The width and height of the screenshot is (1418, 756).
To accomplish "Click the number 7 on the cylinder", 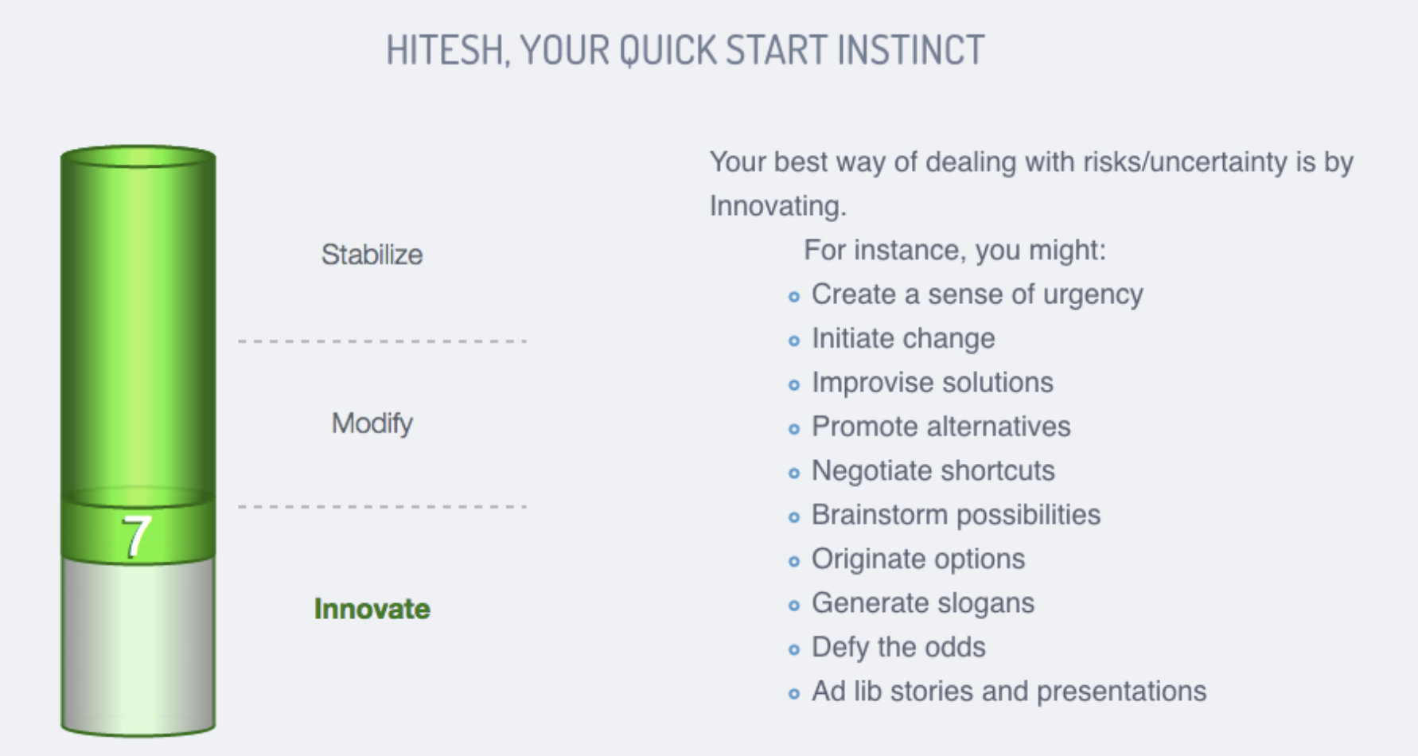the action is [x=136, y=536].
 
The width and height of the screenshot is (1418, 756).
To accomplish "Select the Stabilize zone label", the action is [x=372, y=255].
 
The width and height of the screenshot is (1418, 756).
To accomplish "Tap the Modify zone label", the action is [x=372, y=423].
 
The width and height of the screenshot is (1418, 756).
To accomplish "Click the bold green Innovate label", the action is [x=372, y=609].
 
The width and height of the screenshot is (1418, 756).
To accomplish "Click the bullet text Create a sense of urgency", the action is [x=977, y=294].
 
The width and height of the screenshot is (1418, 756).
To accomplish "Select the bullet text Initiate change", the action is [x=903, y=338].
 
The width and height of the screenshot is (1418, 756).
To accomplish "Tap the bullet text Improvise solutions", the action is [x=932, y=383].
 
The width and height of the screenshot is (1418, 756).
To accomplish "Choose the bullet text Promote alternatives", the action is [x=941, y=427].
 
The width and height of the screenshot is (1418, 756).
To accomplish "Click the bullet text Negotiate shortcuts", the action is [x=933, y=471].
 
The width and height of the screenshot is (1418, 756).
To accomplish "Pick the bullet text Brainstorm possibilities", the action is [x=956, y=515].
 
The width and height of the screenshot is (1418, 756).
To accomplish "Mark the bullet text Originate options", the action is [x=917, y=559].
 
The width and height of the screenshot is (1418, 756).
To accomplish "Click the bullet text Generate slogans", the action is [x=923, y=603].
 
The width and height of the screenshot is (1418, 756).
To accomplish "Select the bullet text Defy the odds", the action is [x=898, y=648].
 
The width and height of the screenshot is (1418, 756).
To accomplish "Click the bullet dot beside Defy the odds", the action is [x=793, y=650].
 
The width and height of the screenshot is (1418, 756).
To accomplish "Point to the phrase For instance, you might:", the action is [x=955, y=251].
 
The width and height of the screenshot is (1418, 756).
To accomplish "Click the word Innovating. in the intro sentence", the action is [x=777, y=206].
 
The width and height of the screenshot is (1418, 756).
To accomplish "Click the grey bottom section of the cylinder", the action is [x=138, y=645].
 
